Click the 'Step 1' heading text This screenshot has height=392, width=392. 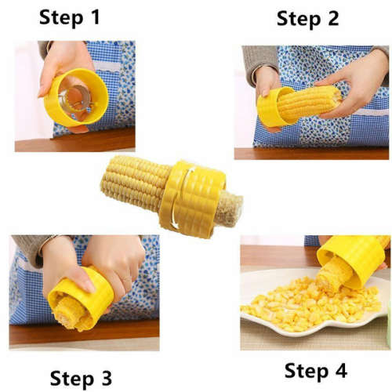click(69, 17)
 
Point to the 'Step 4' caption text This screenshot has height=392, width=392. click(315, 369)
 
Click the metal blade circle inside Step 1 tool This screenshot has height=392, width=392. click(78, 100)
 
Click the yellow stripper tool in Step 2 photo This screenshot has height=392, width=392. click(270, 108)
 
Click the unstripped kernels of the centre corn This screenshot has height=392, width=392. click(132, 186)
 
